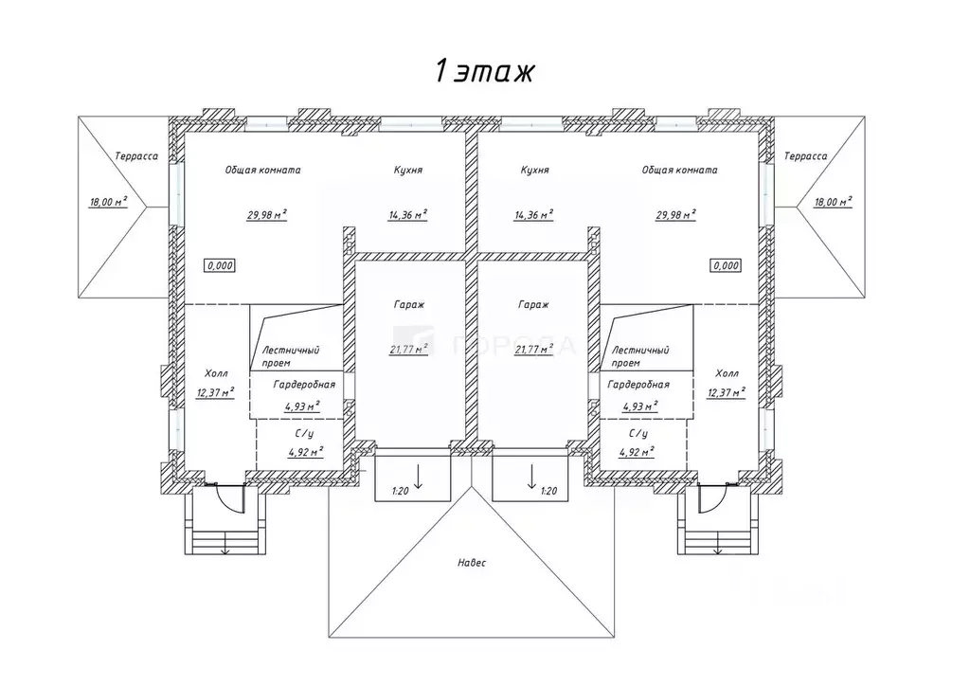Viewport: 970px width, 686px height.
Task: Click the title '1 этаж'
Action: (x=485, y=71)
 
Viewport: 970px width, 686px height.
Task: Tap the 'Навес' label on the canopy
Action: (x=471, y=563)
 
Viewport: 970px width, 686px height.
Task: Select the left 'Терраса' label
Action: (x=135, y=156)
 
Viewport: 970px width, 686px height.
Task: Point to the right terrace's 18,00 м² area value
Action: (x=831, y=201)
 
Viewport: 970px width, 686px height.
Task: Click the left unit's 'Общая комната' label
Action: (x=262, y=171)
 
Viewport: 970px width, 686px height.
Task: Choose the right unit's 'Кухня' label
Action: (x=534, y=171)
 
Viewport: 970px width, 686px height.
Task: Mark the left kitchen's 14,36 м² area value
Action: (x=407, y=214)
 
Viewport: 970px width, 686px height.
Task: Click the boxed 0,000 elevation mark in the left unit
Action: (x=220, y=266)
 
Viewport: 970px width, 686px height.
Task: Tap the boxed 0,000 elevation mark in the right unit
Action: (x=725, y=266)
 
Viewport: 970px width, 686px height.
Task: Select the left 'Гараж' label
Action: (x=409, y=305)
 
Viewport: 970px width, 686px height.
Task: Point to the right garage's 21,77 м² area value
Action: (x=534, y=349)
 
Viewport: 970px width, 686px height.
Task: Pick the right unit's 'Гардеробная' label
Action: (x=638, y=385)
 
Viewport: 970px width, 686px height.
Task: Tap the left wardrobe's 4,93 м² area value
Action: (x=302, y=406)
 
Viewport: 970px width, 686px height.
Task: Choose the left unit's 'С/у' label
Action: (x=303, y=433)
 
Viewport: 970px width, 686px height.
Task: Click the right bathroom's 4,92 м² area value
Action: (x=638, y=452)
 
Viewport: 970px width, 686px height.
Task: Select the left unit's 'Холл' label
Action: (x=216, y=373)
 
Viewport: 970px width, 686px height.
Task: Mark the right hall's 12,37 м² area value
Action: (x=726, y=391)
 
